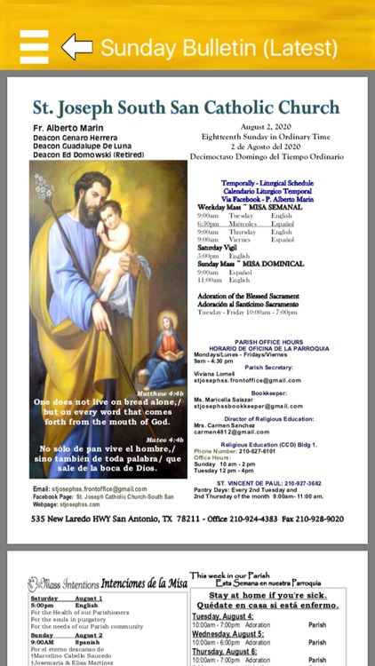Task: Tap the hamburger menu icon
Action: pyautogui.click(x=34, y=46)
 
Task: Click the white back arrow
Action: pyautogui.click(x=76, y=46)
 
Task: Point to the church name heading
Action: pyautogui.click(x=186, y=108)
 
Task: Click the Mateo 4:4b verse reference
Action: pyautogui.click(x=164, y=440)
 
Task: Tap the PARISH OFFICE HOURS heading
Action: pyautogui.click(x=268, y=341)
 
